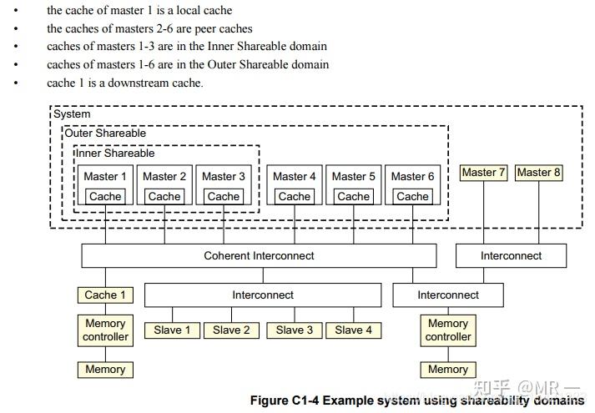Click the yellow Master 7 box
tap(485, 173)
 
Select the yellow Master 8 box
tap(538, 173)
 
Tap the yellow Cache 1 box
tap(105, 295)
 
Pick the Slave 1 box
tap(172, 330)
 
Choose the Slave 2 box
tap(231, 330)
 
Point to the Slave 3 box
tap(295, 330)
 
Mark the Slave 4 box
tap(353, 330)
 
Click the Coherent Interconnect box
tap(258, 255)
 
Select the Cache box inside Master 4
tap(295, 197)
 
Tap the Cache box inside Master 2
tap(164, 197)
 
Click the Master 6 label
tap(412, 176)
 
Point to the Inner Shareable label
tap(115, 154)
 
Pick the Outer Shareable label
tap(105, 133)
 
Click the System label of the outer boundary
tap(72, 113)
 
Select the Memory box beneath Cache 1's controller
tap(105, 369)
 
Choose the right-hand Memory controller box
tap(448, 330)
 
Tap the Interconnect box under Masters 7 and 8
tap(511, 255)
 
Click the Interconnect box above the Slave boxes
tap(263, 295)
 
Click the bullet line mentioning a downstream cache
tap(124, 83)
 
